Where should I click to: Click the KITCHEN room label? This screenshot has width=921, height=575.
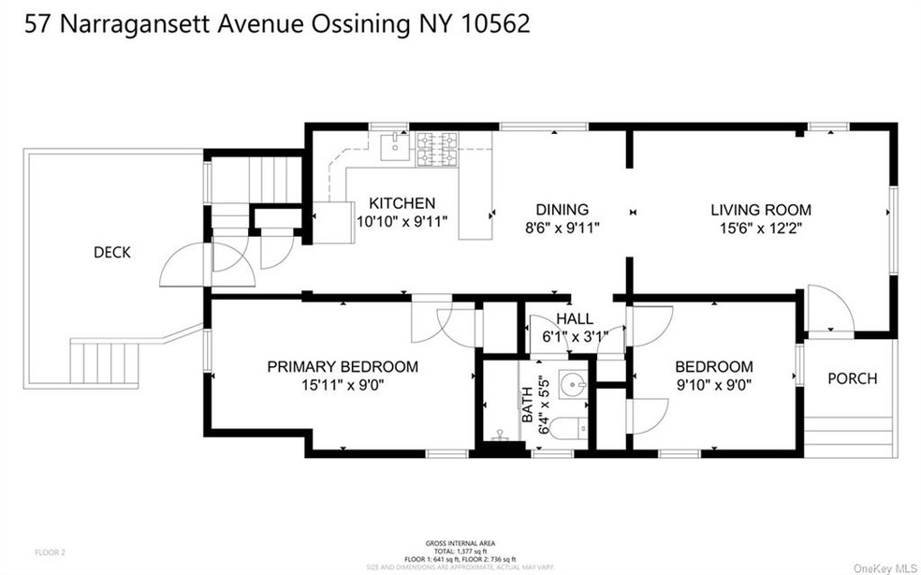coord(402,202)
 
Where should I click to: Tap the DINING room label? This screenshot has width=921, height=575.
coord(562,209)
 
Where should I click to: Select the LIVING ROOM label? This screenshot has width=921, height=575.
coord(760,209)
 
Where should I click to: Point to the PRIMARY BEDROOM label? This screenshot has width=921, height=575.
coord(342,366)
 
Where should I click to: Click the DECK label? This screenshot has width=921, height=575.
coord(111,252)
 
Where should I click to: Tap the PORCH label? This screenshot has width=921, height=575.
coord(852,378)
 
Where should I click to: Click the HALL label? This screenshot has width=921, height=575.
coord(575,317)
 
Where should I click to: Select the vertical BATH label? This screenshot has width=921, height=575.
coord(527,405)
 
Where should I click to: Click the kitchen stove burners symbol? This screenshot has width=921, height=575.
coord(436,148)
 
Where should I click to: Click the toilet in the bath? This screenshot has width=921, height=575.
coord(566,429)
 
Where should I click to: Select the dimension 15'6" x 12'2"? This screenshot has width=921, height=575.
coord(760,227)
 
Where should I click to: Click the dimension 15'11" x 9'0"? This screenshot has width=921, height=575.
coord(342,383)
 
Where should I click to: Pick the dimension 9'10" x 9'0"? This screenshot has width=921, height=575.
coord(713,383)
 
